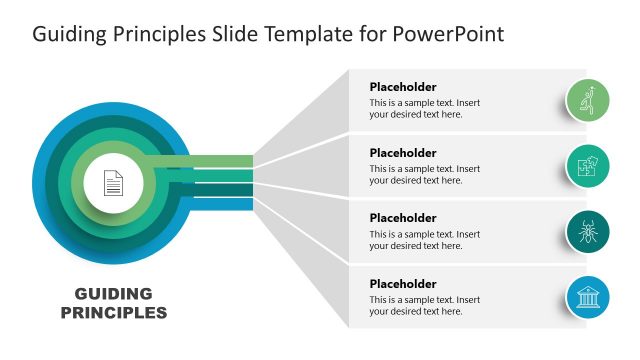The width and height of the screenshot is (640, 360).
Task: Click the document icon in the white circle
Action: coord(114,183)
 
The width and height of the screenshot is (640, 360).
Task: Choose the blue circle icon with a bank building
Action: coord(589,297)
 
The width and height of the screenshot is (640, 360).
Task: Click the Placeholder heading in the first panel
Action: coord(403,87)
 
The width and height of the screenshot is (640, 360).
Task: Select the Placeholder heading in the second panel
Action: coord(403,153)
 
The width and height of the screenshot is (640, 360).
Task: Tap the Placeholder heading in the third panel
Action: coord(403,218)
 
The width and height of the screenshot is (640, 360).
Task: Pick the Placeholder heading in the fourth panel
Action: coord(403,284)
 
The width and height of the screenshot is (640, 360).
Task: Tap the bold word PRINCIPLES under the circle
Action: coord(114,313)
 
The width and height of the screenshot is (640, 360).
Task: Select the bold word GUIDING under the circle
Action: coord(114,294)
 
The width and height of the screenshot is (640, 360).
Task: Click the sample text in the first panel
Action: coord(424,108)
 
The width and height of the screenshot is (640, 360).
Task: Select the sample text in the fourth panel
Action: coord(424,305)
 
